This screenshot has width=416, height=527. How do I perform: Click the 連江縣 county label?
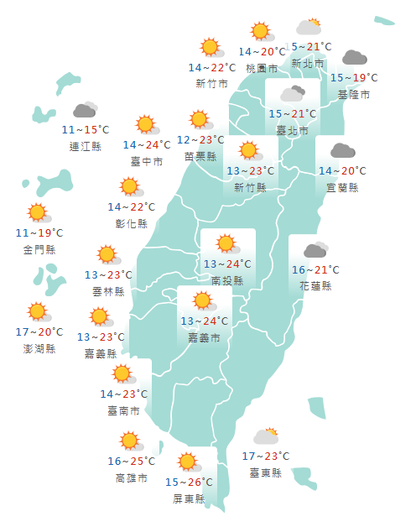tap(86, 146)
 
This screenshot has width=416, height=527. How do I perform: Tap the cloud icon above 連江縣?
tap(85, 110)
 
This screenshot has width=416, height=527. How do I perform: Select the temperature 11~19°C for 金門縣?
tap(39, 232)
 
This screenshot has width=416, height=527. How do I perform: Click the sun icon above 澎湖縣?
tap(38, 312)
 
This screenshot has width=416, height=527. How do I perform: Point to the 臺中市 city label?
tap(147, 161)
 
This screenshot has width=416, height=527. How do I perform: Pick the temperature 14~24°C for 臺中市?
tap(147, 145)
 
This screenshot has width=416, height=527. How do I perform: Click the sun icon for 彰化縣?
tap(130, 187)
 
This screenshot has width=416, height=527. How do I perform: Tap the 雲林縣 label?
tap(108, 291)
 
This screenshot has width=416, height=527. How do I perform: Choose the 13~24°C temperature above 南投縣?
tap(227, 264)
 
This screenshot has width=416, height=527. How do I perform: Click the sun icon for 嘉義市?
tap(203, 301)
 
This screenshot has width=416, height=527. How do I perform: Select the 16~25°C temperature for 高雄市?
tap(131, 462)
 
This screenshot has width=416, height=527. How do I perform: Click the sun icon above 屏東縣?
tap(188, 461)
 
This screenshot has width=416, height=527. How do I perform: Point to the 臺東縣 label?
tap(265, 473)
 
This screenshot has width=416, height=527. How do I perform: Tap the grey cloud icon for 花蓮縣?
tap(315, 249)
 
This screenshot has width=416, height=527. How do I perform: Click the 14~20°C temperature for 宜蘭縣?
tap(342, 171)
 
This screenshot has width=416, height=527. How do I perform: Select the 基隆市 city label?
tap(353, 95)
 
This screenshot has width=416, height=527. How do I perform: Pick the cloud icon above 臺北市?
tap(292, 93)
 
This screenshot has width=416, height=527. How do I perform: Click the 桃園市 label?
tap(262, 68)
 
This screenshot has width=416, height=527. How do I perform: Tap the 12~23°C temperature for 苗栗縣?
tap(200, 140)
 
